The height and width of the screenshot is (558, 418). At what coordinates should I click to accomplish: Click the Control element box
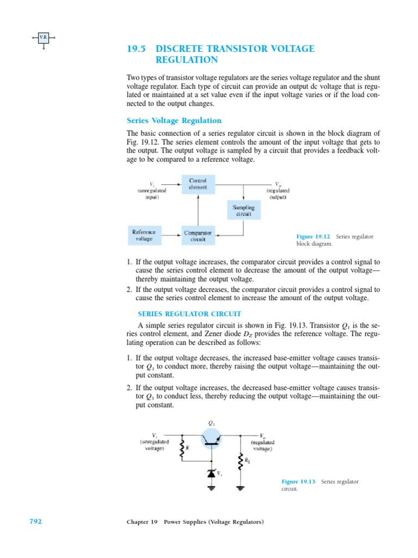tap(198, 184)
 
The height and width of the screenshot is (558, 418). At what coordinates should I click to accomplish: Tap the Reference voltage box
tap(144, 235)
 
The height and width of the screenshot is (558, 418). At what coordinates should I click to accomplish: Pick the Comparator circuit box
tap(198, 235)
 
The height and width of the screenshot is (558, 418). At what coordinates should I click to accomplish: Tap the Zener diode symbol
tap(211, 474)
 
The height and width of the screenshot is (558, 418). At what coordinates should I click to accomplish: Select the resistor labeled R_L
tap(239, 462)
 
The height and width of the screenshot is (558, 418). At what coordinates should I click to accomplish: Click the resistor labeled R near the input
tap(182, 448)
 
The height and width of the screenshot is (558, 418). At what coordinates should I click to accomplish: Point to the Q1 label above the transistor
tap(211, 422)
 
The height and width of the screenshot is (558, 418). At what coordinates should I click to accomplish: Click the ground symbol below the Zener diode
tap(211, 487)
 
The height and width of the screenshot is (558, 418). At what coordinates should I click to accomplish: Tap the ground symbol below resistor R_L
tap(239, 487)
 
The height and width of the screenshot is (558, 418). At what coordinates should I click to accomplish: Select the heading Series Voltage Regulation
tap(174, 120)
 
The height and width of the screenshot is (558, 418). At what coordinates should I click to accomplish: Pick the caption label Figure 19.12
tap(313, 236)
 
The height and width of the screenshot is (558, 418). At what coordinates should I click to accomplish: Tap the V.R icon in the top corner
tap(44, 37)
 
